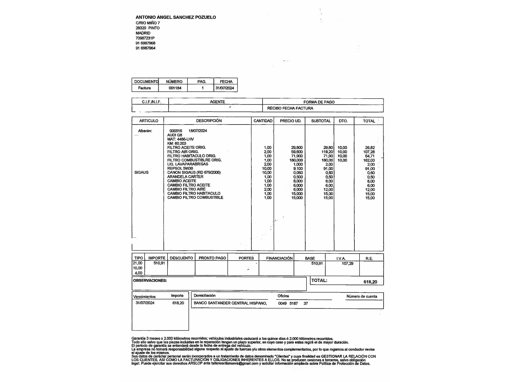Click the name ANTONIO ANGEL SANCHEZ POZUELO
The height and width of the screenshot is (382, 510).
point(176,17)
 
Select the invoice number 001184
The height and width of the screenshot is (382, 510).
point(175,88)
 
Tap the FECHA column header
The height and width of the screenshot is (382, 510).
point(226,82)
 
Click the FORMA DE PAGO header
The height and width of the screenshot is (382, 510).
point(319,102)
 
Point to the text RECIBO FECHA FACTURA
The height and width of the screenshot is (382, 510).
point(290,108)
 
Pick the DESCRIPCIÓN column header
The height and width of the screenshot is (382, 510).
point(209,121)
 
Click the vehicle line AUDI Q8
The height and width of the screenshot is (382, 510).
point(175,135)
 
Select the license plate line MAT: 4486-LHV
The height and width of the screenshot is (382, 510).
point(180,139)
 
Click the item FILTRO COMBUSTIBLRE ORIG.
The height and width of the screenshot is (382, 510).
point(194,160)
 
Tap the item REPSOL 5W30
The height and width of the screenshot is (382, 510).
point(180,168)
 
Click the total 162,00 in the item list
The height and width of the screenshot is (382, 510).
point(369,160)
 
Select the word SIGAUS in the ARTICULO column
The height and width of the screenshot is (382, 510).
point(141,172)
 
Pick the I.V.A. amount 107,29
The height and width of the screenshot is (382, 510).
point(347,264)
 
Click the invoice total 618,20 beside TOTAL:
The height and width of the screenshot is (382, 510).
point(370,282)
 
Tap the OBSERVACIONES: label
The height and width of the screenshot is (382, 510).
point(150,281)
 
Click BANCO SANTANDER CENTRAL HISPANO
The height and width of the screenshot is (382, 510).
point(230,303)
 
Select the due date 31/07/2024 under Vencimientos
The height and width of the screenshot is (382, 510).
point(145,303)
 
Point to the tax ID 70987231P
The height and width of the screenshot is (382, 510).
point(145,38)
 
